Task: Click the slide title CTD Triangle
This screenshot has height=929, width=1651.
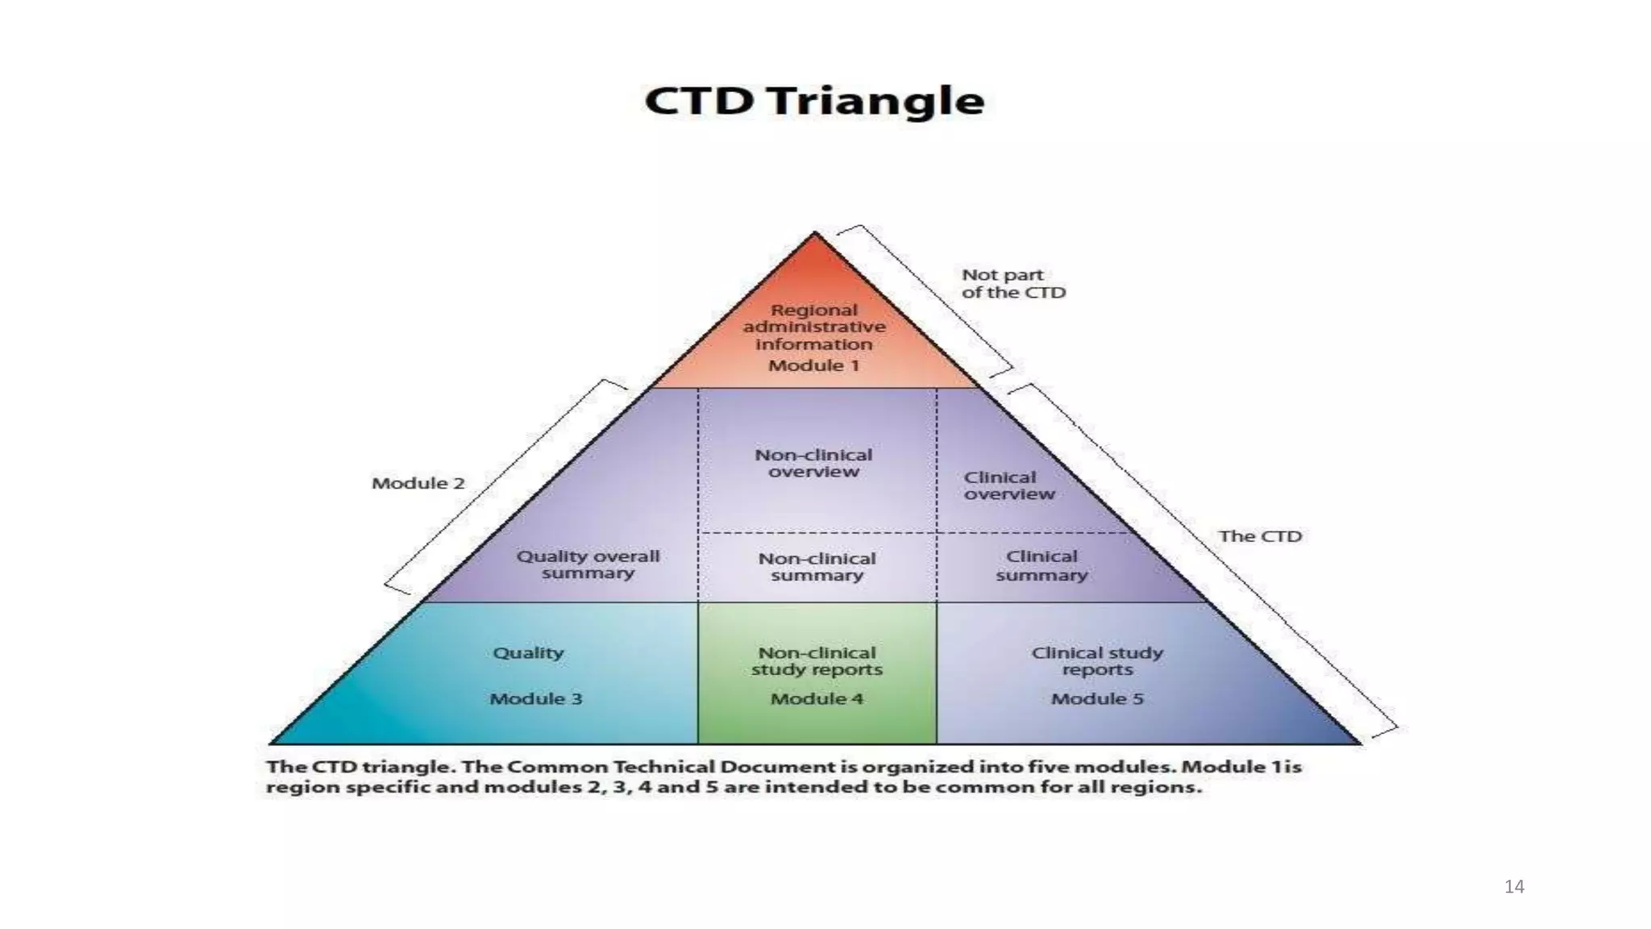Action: point(814,102)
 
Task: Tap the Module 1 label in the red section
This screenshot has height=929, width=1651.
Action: point(813,365)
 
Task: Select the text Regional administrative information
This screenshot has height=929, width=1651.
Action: point(814,327)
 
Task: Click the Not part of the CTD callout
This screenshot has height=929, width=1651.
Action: point(1013,284)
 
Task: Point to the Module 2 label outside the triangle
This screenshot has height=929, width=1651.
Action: point(418,483)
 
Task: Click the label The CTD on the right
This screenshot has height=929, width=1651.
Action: point(1259,536)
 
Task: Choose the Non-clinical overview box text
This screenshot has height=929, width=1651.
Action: point(813,463)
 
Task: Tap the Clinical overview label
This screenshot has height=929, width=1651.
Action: point(1008,485)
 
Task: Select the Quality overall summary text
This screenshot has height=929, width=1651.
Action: point(588,564)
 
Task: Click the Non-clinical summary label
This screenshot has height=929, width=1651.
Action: point(817,566)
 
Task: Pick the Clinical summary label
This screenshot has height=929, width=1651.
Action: point(1041,565)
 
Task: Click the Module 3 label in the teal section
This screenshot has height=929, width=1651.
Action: point(535,698)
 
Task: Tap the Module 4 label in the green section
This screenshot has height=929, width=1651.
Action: point(817,698)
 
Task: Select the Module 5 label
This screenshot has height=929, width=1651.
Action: point(1096,698)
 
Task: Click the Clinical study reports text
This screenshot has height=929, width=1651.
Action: point(1096,660)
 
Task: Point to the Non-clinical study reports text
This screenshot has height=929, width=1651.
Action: point(817,660)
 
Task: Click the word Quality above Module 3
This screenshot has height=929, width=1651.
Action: point(528,652)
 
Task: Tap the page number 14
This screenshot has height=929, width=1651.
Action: point(1513,887)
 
